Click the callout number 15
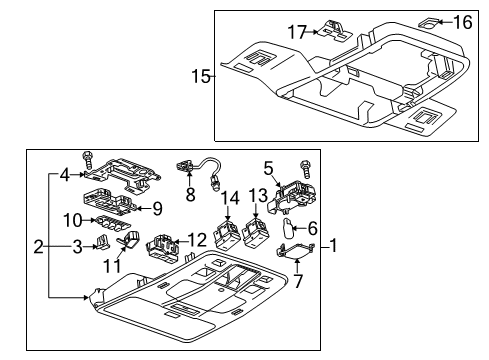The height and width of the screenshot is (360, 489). click(201, 75)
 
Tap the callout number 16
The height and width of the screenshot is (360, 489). click(461, 21)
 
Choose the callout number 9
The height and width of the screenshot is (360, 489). click(156, 209)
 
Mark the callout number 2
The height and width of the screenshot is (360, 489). click(38, 246)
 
